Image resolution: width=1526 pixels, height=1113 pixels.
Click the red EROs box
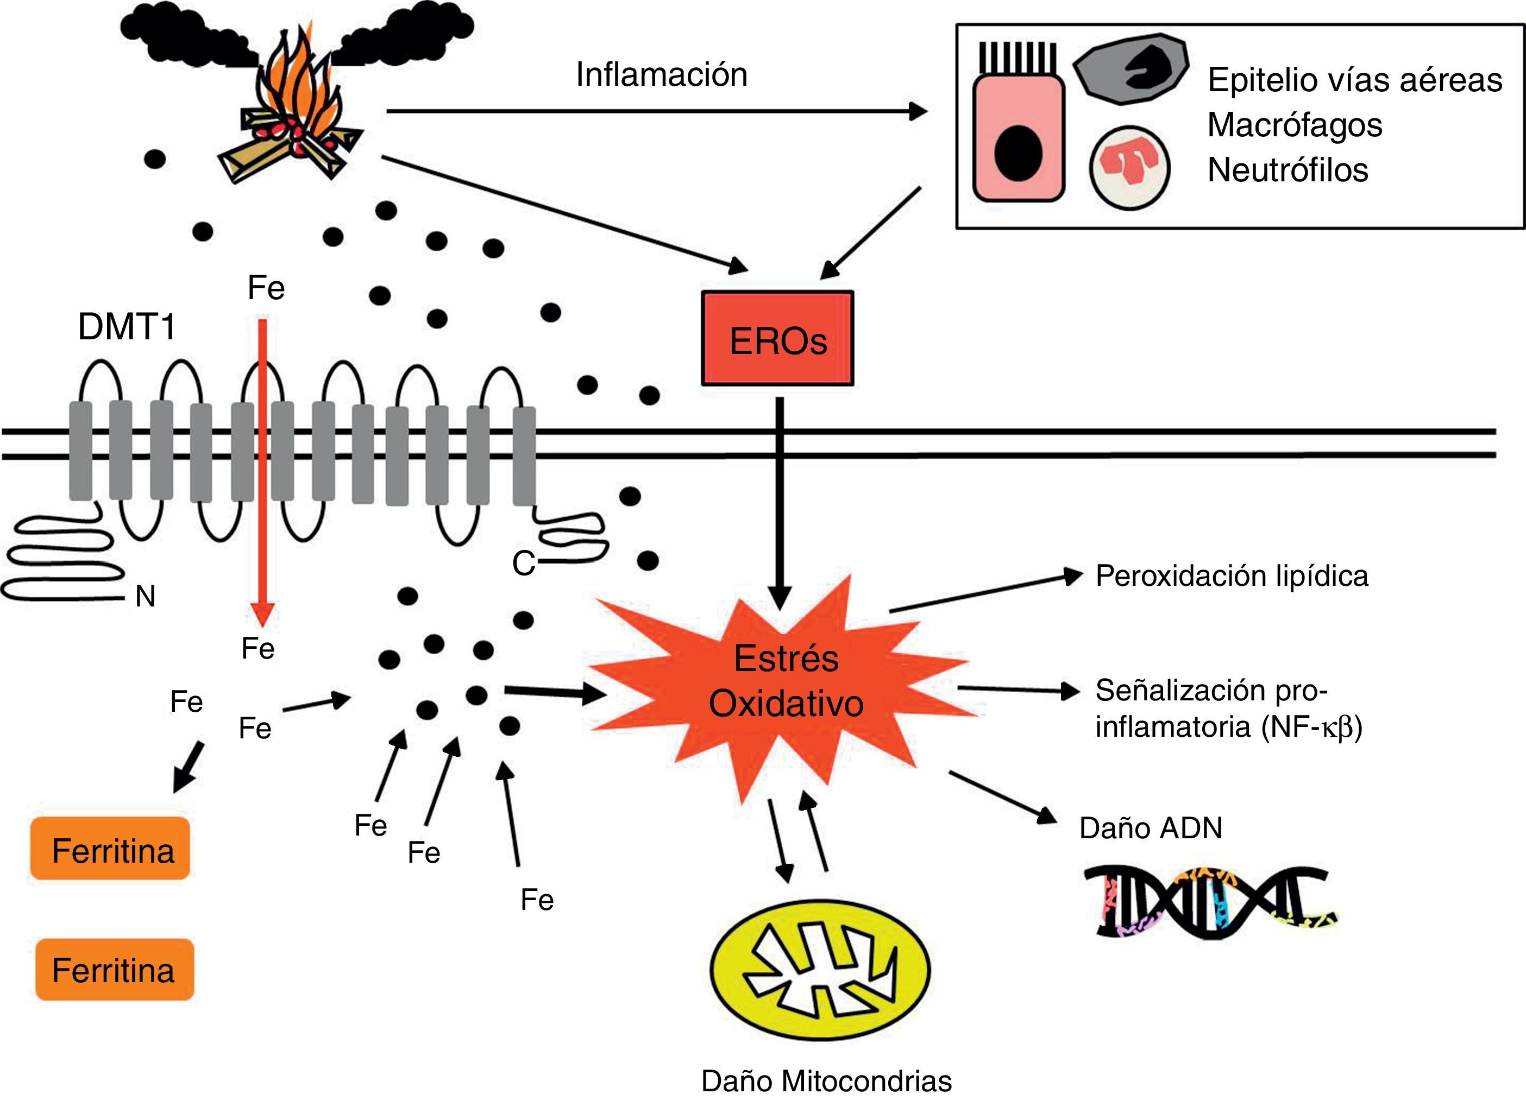tap(777, 339)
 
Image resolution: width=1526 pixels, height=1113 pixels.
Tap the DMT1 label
tap(127, 327)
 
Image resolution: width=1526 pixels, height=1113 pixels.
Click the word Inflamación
tap(661, 75)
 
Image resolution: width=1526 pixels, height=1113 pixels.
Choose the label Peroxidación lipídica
tap(1232, 576)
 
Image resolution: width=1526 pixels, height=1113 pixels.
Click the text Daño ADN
tap(1151, 828)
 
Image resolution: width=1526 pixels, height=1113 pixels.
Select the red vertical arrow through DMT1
tap(263, 472)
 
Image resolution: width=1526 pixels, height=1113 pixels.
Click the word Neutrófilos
tap(1288, 170)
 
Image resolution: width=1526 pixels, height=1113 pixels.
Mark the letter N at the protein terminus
tap(146, 596)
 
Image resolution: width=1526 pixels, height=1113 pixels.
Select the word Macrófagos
tap(1294, 125)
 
